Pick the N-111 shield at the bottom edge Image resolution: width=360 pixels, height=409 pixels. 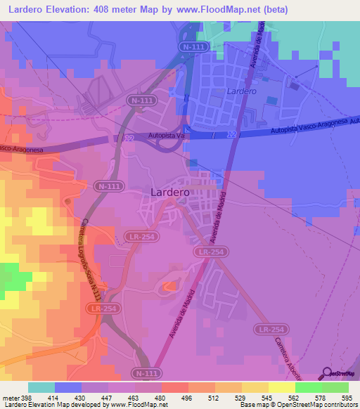pyautogui.click(x=143, y=372)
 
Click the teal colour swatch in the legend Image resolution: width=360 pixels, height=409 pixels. pyautogui.click(x=41, y=387)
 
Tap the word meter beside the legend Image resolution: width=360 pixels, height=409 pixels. pyautogui.click(x=9, y=397)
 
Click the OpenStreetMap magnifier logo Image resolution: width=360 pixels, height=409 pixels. pyautogui.click(x=326, y=373)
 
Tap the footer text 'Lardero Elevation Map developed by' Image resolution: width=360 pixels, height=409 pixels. pyautogui.click(x=53, y=405)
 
